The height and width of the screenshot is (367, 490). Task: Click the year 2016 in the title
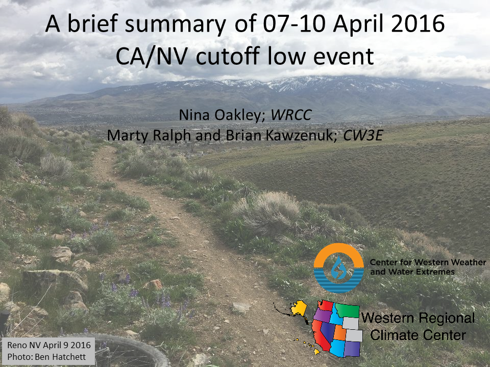pos(418,24)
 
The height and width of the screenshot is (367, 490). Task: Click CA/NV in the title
pos(152,57)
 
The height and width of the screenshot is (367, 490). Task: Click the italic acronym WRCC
pos(291,115)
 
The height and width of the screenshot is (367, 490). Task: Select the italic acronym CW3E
pos(363,135)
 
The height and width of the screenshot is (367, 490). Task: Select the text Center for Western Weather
pos(428,262)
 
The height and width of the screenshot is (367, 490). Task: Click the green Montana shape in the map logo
pos(348,310)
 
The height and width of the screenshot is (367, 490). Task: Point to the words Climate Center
pos(418,335)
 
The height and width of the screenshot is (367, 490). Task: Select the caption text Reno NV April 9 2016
pos(49,345)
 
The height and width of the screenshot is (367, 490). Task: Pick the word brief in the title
pos(92,24)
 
